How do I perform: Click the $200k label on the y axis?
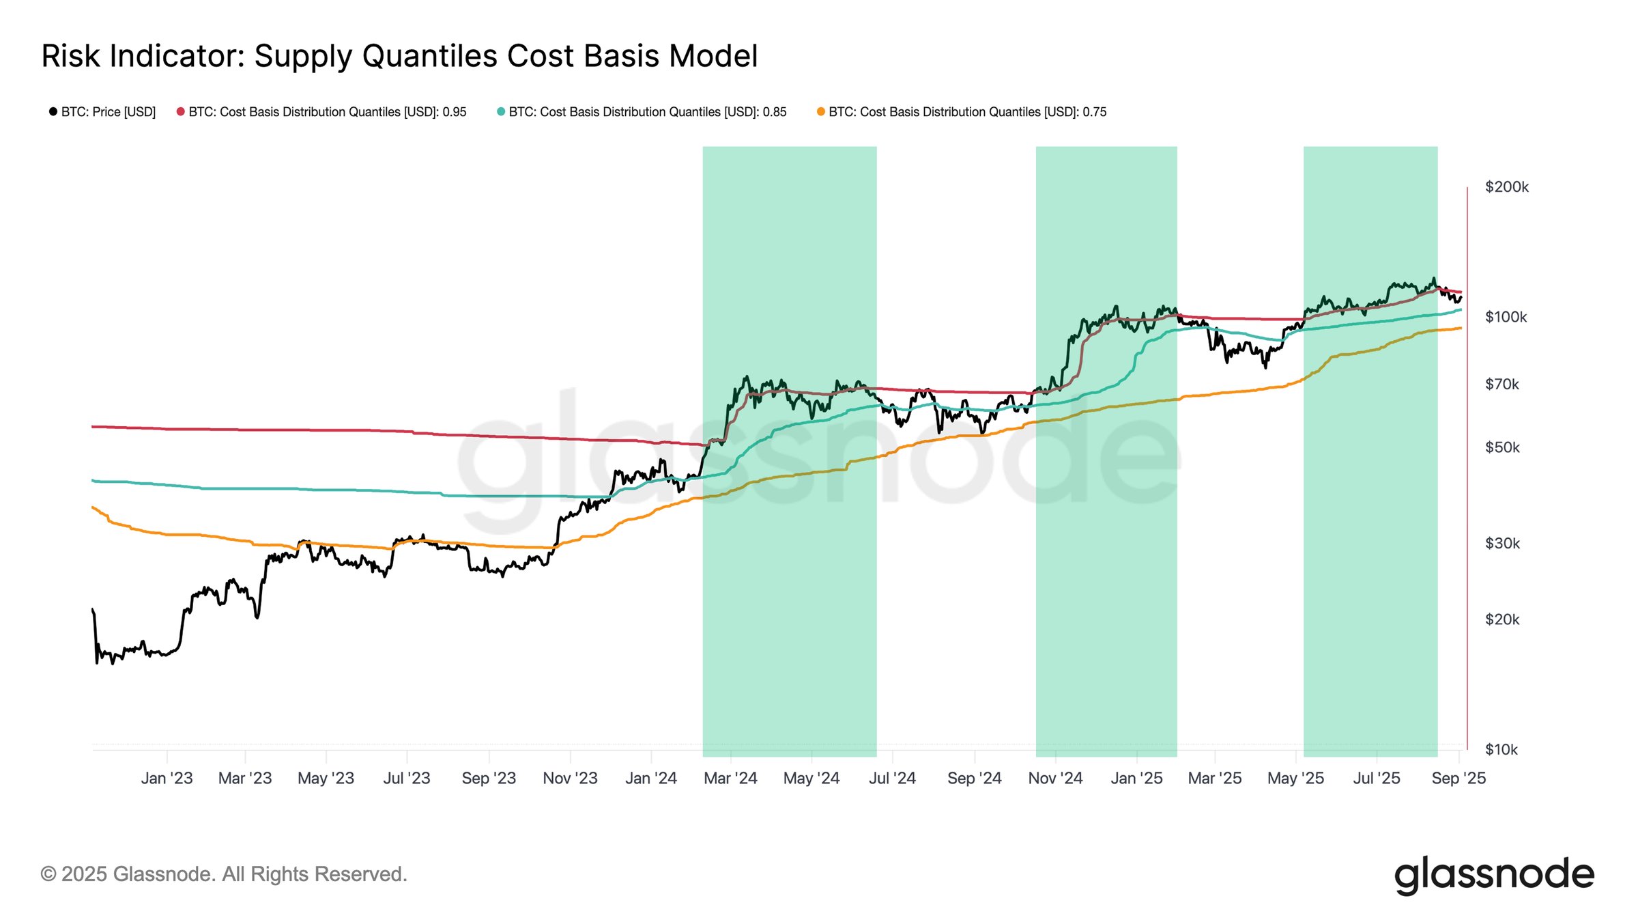tap(1506, 187)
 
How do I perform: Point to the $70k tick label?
tap(1501, 385)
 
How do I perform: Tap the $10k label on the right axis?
tap(1501, 750)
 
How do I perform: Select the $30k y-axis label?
tap(1502, 544)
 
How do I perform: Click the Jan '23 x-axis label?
tap(167, 779)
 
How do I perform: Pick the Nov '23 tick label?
tap(570, 779)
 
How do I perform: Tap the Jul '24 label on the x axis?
tap(892, 779)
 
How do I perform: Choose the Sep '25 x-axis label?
tap(1459, 779)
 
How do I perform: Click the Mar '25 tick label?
tap(1215, 779)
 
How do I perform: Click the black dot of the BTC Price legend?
tap(53, 112)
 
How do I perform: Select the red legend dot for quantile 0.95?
tap(181, 112)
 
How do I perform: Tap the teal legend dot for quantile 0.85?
tap(501, 112)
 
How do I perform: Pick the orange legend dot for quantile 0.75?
tap(821, 112)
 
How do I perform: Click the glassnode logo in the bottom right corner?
tap(1494, 874)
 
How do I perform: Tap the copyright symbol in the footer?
tap(48, 875)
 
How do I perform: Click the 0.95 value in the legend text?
tap(454, 112)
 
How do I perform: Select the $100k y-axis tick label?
tap(1506, 317)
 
